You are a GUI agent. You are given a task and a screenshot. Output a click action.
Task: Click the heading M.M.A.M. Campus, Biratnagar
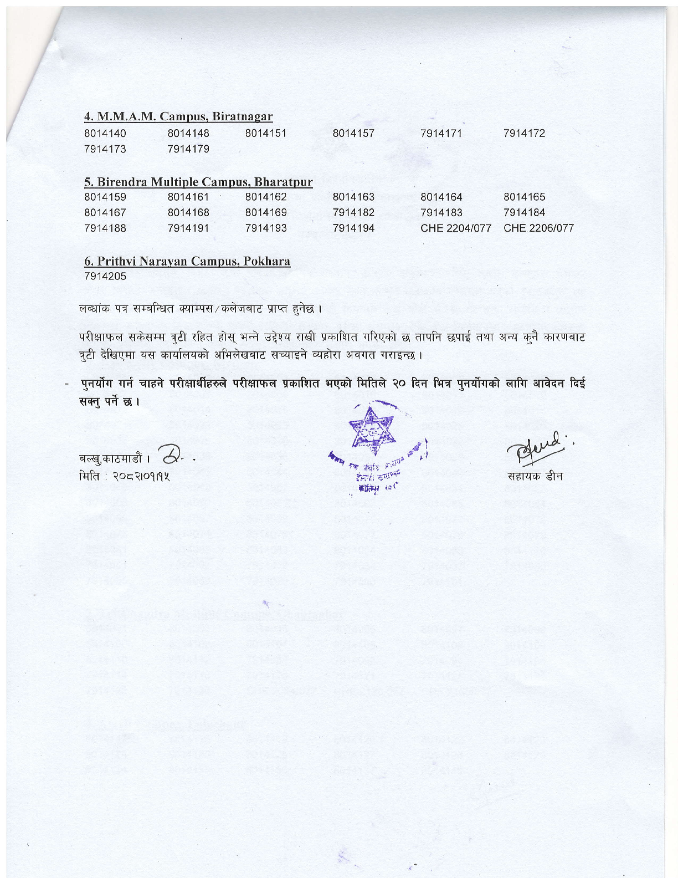pos(178,116)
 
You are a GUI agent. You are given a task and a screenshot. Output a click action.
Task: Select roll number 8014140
pos(105,134)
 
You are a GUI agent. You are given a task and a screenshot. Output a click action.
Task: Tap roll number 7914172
pos(524,134)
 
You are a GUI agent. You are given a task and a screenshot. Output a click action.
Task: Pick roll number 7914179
pos(188,149)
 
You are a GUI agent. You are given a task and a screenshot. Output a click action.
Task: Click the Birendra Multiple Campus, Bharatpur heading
pos(198,182)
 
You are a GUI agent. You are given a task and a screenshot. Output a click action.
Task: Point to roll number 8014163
pos(353,197)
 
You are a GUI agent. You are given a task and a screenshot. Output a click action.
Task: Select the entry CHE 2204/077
pos(455,228)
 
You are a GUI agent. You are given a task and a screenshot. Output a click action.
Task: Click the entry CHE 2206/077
pos(538,228)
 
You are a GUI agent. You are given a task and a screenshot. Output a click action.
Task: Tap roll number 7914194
pos(353,228)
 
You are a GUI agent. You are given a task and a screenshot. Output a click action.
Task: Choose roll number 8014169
pos(266,212)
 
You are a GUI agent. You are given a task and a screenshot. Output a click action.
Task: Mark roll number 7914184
pos(524,212)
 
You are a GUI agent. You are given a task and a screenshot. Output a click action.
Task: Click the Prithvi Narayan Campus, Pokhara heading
pos(187,261)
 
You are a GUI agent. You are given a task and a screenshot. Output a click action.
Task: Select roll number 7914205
pos(105,276)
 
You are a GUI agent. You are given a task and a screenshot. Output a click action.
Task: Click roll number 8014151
pos(266,134)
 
